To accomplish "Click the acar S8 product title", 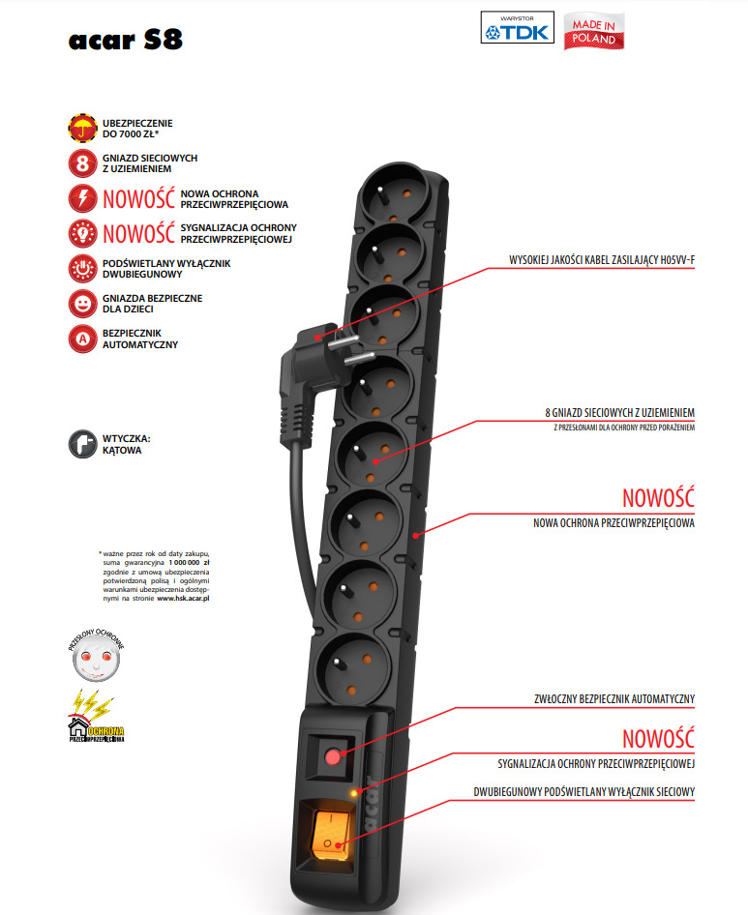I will point(126,39).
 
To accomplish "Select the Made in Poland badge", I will point(595,30).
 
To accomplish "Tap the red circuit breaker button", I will point(332,756).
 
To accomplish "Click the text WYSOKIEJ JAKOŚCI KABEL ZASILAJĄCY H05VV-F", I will point(602,260).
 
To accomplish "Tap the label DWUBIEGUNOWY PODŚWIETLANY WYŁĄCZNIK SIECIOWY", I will point(584,792).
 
